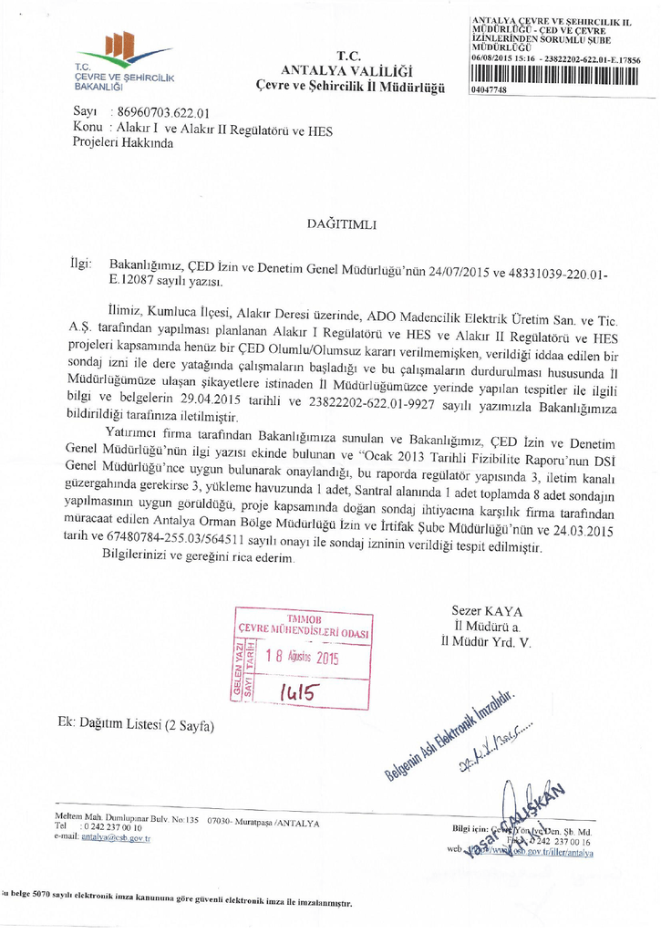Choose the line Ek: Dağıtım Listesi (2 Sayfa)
[135, 726]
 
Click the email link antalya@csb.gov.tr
[115, 836]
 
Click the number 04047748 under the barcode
[490, 89]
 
